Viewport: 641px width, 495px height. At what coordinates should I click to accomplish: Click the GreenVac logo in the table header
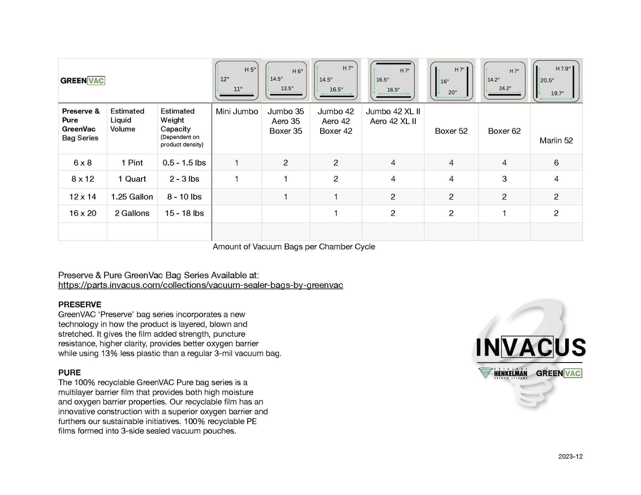[83, 81]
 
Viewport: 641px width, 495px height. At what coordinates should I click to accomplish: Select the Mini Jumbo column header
[236, 112]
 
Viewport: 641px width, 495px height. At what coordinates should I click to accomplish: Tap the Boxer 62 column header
[504, 131]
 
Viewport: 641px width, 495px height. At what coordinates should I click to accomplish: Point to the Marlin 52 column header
[556, 141]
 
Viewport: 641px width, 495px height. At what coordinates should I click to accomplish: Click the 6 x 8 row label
[83, 163]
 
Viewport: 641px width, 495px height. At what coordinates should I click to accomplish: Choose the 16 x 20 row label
[83, 213]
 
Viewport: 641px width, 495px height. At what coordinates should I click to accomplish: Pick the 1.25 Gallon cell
[132, 197]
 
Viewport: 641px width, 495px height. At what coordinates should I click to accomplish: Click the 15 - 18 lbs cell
[184, 213]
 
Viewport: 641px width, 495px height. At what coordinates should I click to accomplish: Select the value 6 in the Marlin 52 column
[556, 163]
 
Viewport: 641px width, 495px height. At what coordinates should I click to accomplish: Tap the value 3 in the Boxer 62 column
[504, 179]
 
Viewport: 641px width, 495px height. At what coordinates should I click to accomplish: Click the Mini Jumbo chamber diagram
[236, 81]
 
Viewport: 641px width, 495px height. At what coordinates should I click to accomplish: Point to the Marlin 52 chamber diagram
[557, 81]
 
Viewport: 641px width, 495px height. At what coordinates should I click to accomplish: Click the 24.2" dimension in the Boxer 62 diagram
[505, 88]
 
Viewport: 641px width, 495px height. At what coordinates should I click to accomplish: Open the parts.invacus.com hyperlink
[201, 285]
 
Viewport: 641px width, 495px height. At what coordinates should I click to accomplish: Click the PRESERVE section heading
[80, 304]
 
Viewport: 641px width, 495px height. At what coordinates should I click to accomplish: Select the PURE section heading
[70, 373]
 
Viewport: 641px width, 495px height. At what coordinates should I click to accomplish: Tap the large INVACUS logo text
[530, 348]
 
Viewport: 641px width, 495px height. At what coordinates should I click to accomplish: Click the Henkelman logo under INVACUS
[503, 373]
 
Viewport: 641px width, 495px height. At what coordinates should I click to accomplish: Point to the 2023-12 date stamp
[570, 456]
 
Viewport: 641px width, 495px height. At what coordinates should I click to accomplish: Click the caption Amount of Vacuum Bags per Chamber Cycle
[294, 247]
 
